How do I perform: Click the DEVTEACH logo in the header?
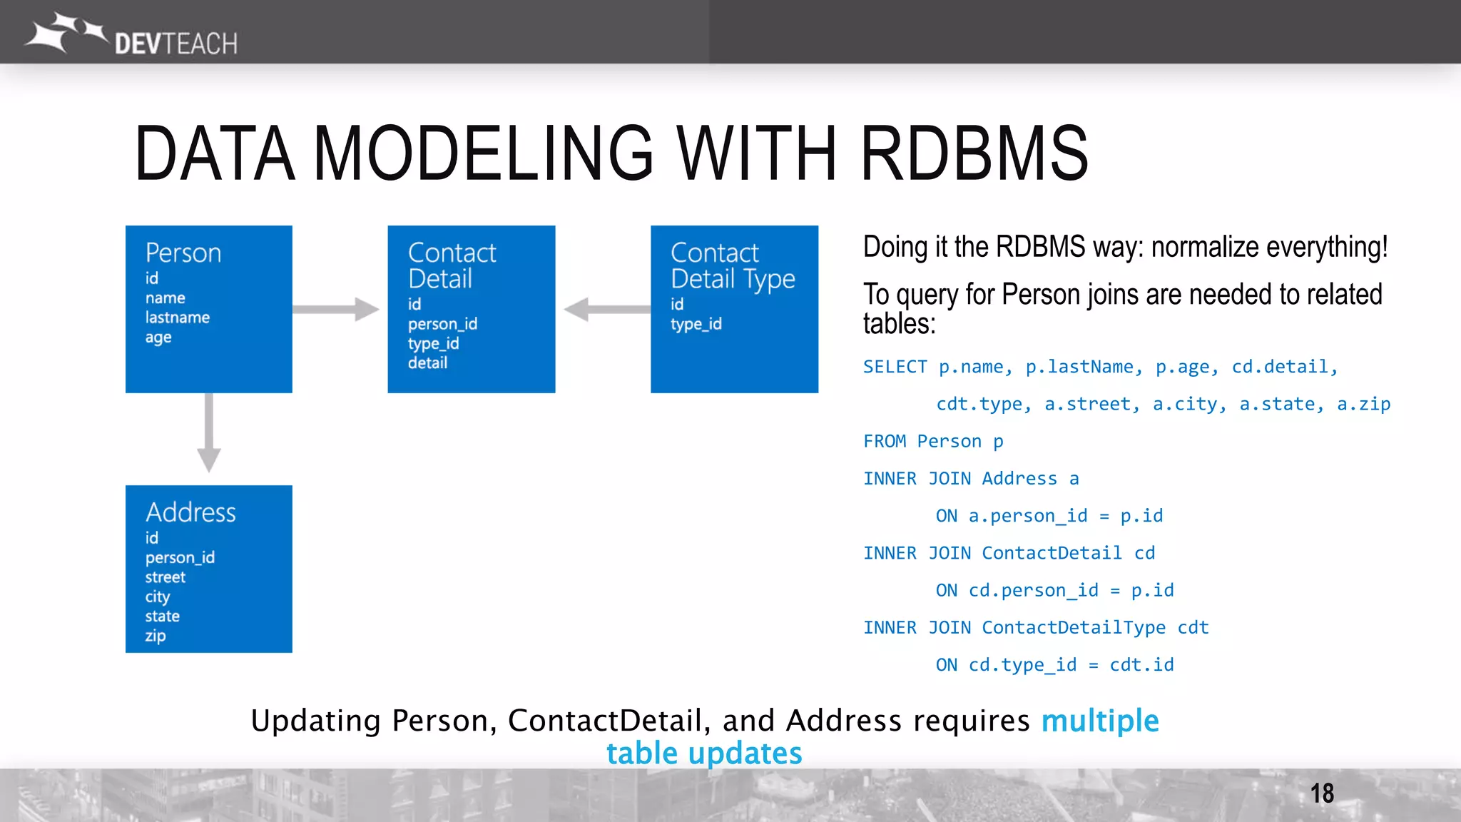[132, 36]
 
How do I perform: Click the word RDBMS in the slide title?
[974, 153]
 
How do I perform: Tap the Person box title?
[183, 253]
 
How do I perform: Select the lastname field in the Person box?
[178, 318]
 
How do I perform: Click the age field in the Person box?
[158, 338]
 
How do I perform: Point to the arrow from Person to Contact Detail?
[335, 310]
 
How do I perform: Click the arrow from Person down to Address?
[208, 432]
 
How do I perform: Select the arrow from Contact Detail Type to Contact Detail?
[606, 310]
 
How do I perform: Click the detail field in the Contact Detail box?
[427, 363]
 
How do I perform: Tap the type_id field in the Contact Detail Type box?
[696, 325]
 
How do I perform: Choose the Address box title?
[190, 513]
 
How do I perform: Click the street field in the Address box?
[166, 577]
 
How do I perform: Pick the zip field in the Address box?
[156, 636]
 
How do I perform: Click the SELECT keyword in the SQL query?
[895, 367]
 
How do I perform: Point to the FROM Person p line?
[933, 442]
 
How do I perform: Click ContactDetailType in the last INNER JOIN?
[1073, 628]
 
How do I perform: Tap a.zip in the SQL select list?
[1363, 405]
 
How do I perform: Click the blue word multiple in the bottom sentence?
[1100, 721]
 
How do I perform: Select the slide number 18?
[1322, 793]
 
